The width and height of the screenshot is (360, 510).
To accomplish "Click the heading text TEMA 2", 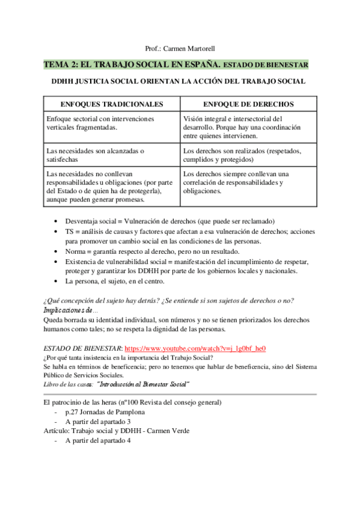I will pyautogui.click(x=63, y=64).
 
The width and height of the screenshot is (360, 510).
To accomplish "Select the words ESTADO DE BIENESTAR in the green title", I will pyautogui.click(x=267, y=64).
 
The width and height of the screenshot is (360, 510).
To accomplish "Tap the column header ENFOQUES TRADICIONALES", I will pyautogui.click(x=112, y=103).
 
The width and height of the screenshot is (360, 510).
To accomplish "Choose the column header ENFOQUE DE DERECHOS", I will pyautogui.click(x=248, y=103).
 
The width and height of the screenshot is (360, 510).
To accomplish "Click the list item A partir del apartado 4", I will pyautogui.click(x=93, y=441).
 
